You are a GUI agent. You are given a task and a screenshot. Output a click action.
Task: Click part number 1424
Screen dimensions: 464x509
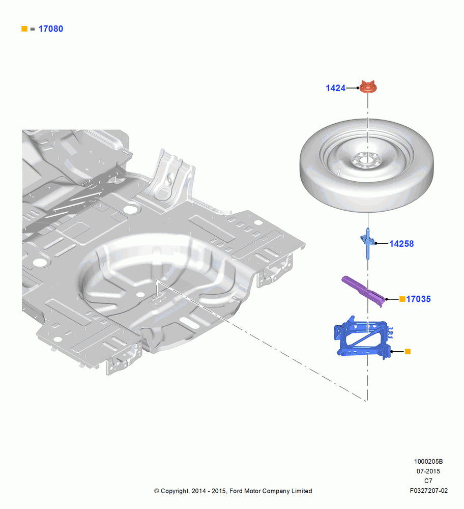point(335,88)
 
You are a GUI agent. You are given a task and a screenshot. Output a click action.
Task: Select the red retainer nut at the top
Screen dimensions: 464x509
point(368,87)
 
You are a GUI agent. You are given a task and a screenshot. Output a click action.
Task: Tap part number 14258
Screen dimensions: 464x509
point(401,243)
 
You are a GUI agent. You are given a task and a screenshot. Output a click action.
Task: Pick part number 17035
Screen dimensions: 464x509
point(418,299)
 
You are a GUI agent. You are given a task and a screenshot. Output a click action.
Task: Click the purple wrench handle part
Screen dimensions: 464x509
point(364,291)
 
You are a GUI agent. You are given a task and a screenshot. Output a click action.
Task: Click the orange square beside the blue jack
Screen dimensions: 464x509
point(408,351)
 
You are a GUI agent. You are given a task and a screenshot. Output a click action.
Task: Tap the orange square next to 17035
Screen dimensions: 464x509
point(402,299)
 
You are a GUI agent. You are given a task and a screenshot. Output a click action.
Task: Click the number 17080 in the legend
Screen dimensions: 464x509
point(51,29)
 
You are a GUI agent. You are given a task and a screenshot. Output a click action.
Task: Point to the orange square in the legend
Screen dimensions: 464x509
point(24,29)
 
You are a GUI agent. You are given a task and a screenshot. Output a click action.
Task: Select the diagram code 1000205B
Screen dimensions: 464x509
point(428,461)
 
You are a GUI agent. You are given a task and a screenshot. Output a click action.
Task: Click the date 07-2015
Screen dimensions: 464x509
point(428,471)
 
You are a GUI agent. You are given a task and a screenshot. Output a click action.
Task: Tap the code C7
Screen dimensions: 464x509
point(428,481)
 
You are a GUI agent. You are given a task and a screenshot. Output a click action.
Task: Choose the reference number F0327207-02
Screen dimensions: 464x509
point(428,491)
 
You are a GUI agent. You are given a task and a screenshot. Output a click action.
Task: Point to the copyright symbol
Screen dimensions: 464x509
point(157,491)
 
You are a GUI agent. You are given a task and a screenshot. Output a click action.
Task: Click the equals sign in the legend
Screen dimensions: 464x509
point(33,29)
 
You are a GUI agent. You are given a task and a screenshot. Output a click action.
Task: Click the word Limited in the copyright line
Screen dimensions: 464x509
point(302,491)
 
